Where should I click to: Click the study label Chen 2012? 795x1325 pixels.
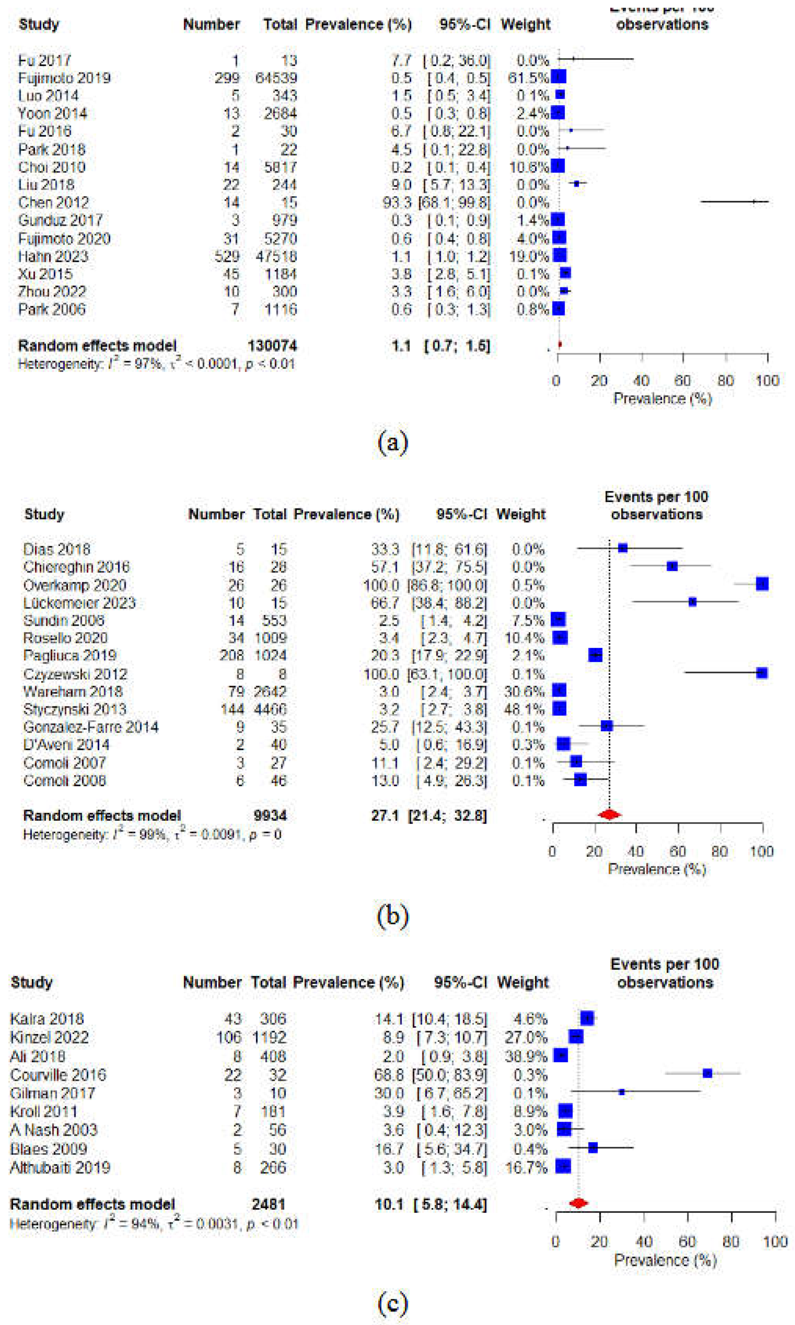[53, 203]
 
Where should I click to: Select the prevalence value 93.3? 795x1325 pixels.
[401, 203]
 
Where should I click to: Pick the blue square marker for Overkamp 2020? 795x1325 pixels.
[762, 584]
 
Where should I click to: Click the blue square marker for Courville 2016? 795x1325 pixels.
[707, 1073]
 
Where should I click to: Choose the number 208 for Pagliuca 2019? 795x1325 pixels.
[231, 656]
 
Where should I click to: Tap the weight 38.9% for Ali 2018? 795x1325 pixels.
[526, 1056]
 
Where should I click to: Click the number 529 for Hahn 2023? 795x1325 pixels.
[227, 256]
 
